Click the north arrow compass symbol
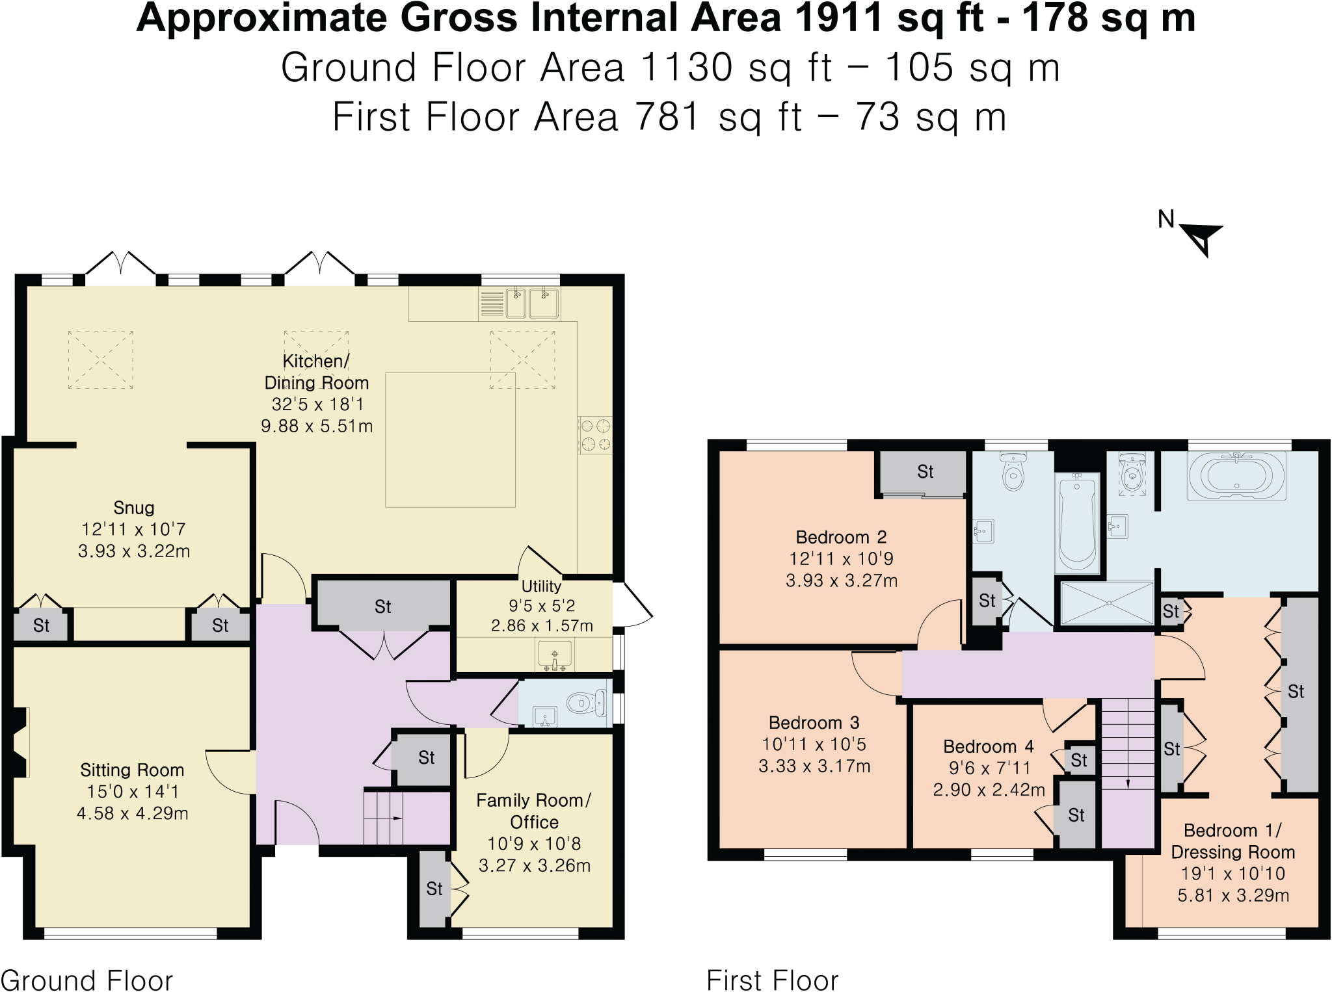tap(1200, 238)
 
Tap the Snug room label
tap(134, 508)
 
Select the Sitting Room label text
tap(132, 770)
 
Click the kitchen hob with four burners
tap(595, 435)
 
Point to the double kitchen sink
tap(533, 304)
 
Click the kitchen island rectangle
tap(450, 439)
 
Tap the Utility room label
tap(541, 586)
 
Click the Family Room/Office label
tap(534, 811)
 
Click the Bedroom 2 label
tap(841, 538)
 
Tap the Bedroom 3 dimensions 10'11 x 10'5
tap(814, 744)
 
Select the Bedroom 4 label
tap(989, 747)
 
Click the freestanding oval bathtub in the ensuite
tap(1236, 476)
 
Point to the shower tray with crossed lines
tap(1107, 603)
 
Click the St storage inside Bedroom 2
tap(925, 472)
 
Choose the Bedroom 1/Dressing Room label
tap(1232, 841)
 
